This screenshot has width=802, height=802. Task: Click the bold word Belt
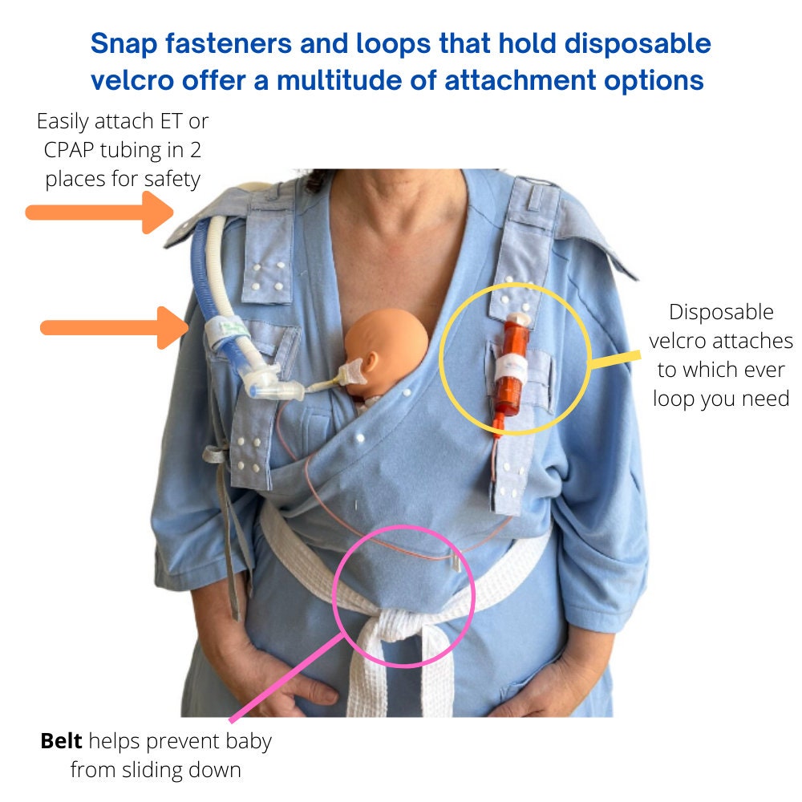coord(61,741)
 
